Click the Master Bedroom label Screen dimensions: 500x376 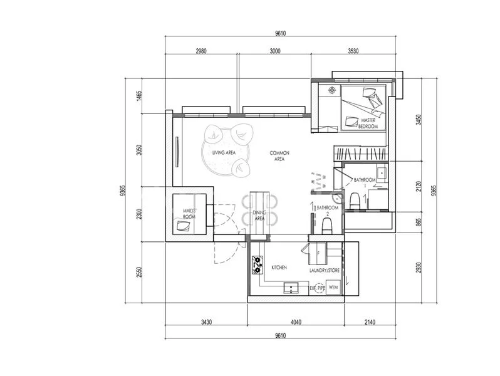pos(368,123)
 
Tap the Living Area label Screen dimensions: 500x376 pos(224,153)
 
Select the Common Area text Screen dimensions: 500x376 pos(279,156)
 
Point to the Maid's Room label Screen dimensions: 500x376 pos(189,214)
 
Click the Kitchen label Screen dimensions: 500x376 pos(279,268)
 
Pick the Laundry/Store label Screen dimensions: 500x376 pos(325,271)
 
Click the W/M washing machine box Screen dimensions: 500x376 pos(333,288)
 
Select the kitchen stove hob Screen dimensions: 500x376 pos(258,264)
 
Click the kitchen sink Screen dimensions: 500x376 pos(291,288)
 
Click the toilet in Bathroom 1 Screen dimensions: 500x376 pos(355,201)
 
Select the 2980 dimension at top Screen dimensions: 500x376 pos(201,51)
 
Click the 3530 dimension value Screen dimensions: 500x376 pos(353,51)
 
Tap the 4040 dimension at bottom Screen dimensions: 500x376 pos(296,322)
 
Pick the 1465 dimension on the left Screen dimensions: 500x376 pos(138,96)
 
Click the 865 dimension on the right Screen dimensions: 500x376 pos(419,222)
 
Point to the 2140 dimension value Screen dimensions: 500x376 pos(370,322)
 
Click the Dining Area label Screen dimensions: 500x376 pos(259,216)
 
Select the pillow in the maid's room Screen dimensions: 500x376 pos(184,226)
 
